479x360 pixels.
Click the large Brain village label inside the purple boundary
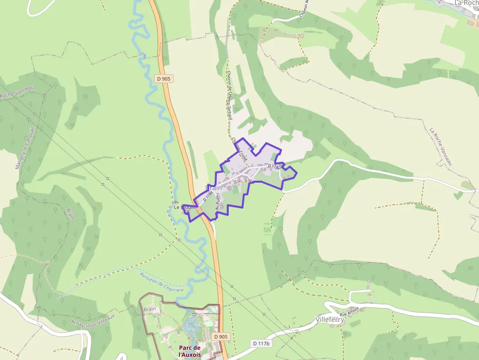(x=214, y=188)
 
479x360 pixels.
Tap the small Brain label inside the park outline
(x=150, y=309)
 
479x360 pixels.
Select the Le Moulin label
(x=185, y=207)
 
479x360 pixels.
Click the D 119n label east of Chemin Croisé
(x=274, y=167)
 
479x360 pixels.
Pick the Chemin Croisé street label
(x=240, y=149)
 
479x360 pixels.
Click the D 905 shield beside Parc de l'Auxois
(x=221, y=337)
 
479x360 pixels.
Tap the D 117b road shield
(x=261, y=343)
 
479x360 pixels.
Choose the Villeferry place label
(x=330, y=319)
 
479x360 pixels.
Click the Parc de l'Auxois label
(x=190, y=351)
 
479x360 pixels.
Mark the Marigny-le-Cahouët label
(x=25, y=148)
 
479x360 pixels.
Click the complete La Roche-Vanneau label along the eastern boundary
(x=441, y=146)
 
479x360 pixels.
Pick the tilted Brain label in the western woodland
(x=70, y=214)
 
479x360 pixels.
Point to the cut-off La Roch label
(x=465, y=3)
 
